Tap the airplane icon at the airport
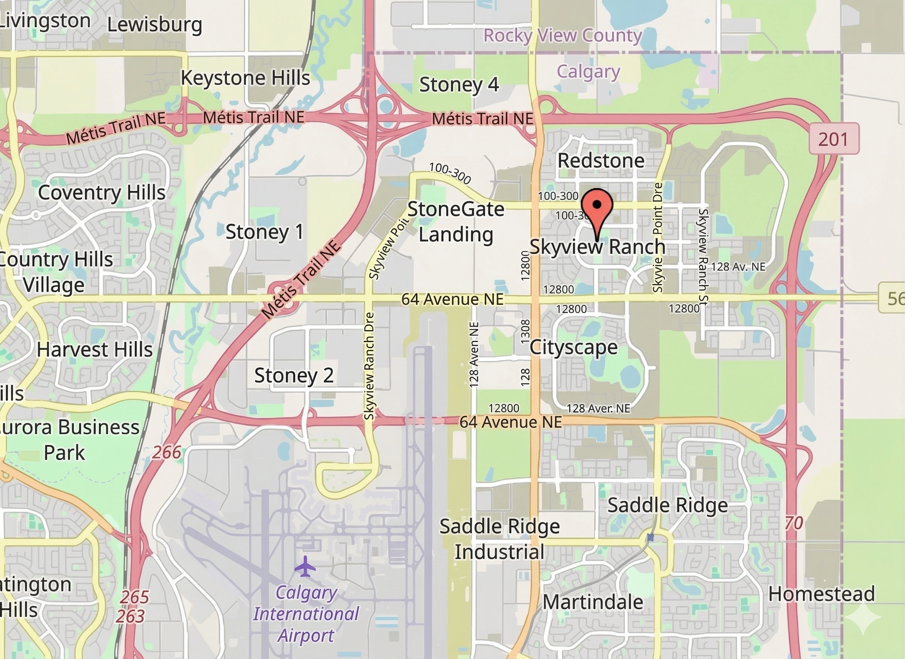[305, 567]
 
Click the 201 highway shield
[833, 139]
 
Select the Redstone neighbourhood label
[600, 161]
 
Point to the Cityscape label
[573, 347]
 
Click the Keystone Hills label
[245, 78]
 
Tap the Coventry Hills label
[102, 193]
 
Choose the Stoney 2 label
[294, 376]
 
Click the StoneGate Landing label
[456, 221]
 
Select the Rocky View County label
[562, 36]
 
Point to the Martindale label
[593, 602]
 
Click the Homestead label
[821, 594]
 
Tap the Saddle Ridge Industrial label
[500, 539]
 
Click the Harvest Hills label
[94, 350]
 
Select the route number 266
[166, 452]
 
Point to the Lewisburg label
[154, 25]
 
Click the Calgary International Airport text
[306, 614]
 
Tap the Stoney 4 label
[458, 85]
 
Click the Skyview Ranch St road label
[703, 255]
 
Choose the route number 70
[793, 523]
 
